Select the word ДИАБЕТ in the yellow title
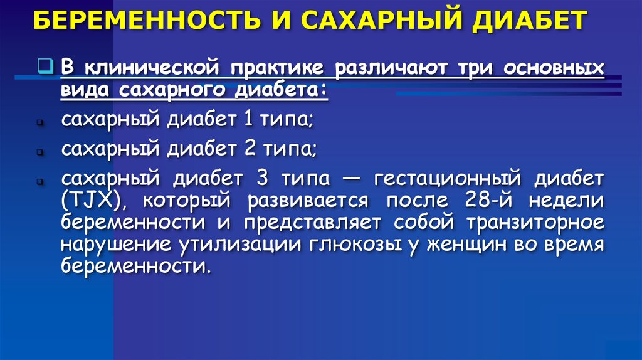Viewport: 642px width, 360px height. click(x=530, y=21)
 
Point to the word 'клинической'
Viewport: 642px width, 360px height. click(x=152, y=68)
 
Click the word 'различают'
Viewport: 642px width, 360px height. click(x=391, y=68)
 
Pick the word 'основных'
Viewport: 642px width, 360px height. click(x=554, y=68)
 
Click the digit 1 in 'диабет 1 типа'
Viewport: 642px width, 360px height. click(x=248, y=119)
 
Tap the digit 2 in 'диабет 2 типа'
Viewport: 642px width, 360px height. click(x=250, y=148)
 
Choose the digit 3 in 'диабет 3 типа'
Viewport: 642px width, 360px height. click(x=263, y=178)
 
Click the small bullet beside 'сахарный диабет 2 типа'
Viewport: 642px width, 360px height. click(x=39, y=152)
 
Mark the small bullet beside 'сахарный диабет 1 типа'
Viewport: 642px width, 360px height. click(x=39, y=122)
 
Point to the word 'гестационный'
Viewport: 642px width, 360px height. click(x=448, y=179)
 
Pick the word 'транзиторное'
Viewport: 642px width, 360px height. click(x=535, y=223)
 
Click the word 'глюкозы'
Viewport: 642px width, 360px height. click(x=355, y=245)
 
